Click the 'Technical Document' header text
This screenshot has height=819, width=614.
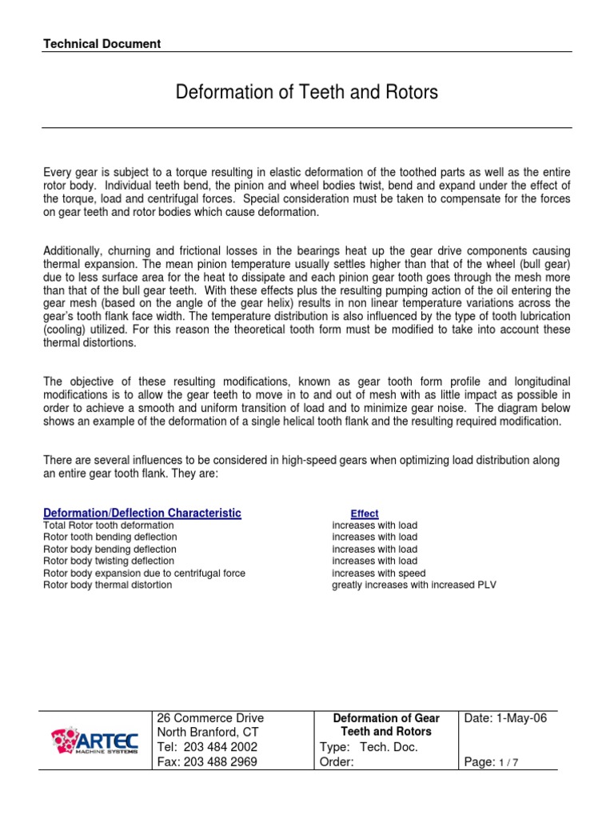[102, 44]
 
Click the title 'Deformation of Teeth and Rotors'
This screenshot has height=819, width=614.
[307, 93]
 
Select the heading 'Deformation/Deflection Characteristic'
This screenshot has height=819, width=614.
[142, 513]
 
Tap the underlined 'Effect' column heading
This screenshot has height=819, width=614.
[365, 513]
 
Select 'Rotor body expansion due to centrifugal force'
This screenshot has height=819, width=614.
[144, 573]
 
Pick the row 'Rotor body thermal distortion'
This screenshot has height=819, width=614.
[107, 585]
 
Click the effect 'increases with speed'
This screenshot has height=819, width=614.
[378, 573]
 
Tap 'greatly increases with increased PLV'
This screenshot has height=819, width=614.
[414, 585]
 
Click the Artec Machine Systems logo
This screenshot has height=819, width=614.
[94, 741]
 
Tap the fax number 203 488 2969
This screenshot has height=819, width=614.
[208, 762]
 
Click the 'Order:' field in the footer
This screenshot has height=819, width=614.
[336, 762]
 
